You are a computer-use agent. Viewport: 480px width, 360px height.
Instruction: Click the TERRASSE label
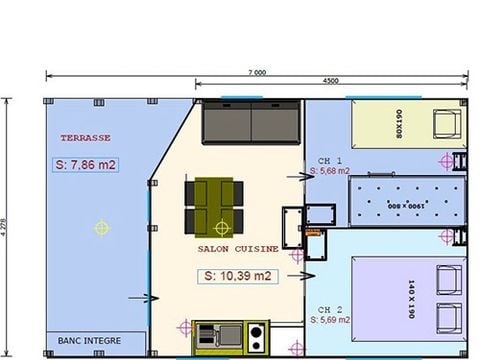tap(85, 138)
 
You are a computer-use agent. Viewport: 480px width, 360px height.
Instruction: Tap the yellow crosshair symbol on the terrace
tap(101, 227)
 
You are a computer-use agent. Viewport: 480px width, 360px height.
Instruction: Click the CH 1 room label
tap(330, 160)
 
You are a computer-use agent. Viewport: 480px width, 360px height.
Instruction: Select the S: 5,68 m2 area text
tap(330, 171)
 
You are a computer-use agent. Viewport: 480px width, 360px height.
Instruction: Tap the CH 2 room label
tap(330, 309)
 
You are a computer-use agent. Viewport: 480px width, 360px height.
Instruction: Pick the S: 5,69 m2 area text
tap(330, 320)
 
